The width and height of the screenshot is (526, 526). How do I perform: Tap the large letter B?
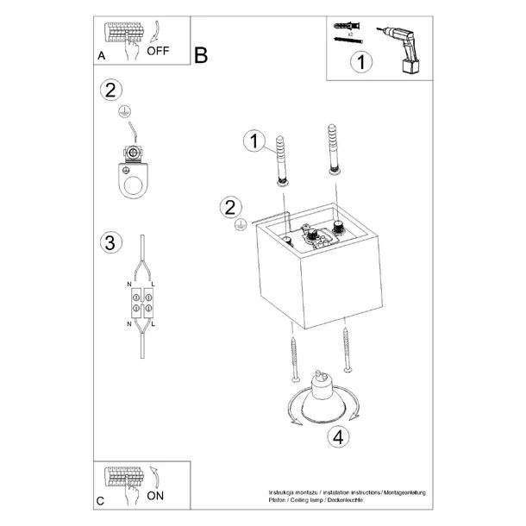click(201, 57)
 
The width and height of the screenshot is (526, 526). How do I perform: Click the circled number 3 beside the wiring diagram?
click(109, 242)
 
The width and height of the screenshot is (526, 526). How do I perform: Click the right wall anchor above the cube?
click(332, 153)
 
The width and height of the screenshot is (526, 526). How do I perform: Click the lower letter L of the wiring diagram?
click(153, 324)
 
